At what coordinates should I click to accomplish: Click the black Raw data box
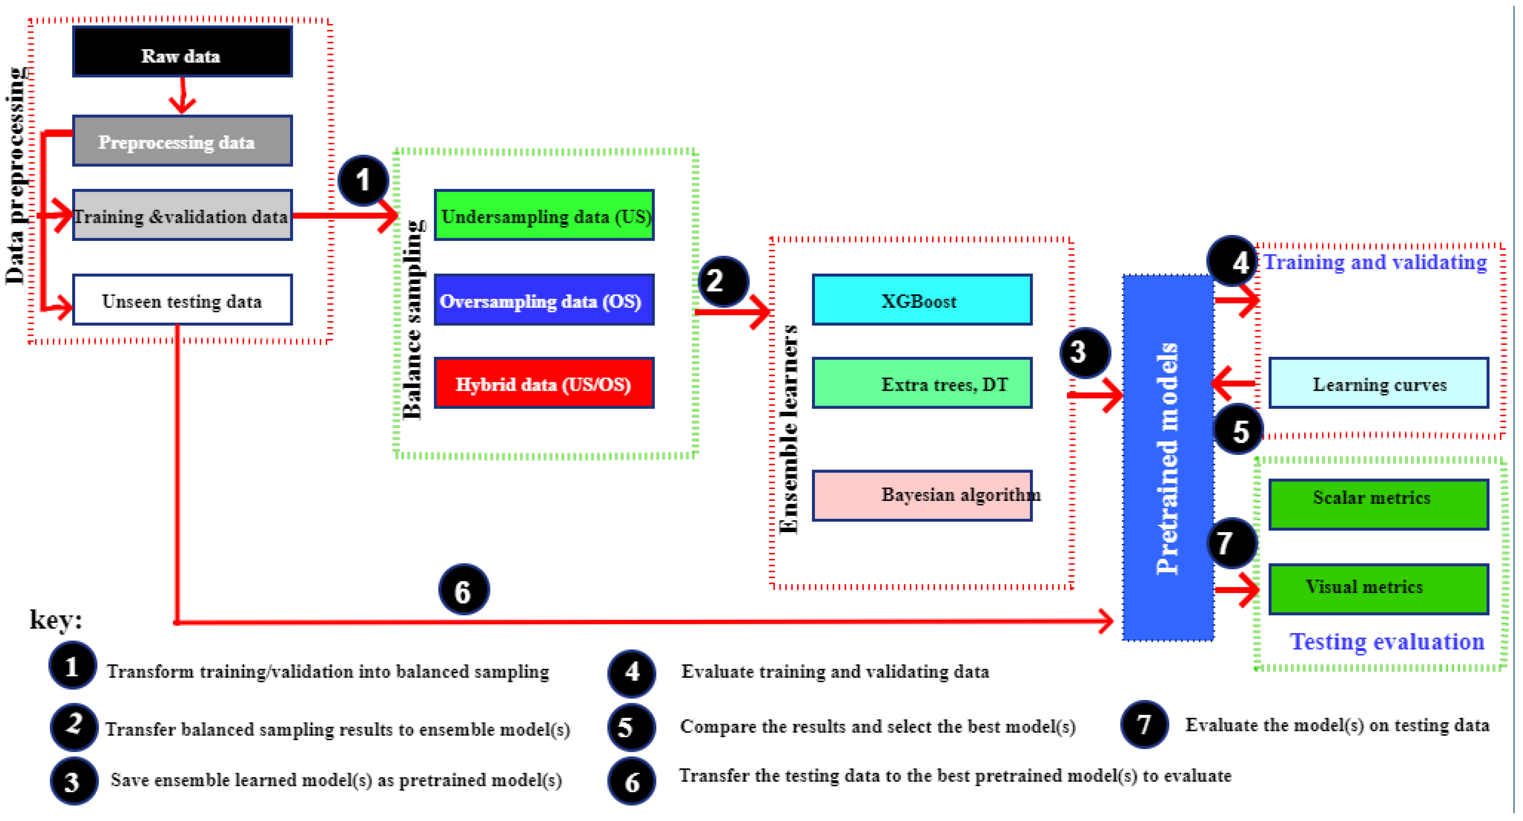click(x=182, y=52)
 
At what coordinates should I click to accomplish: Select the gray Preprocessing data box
click(x=182, y=141)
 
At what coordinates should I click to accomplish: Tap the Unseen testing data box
click(x=182, y=300)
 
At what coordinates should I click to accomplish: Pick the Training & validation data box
click(x=182, y=215)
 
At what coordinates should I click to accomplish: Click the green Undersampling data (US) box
click(x=544, y=215)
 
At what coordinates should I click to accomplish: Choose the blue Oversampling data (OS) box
click(x=544, y=300)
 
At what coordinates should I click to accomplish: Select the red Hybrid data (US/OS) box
click(x=544, y=383)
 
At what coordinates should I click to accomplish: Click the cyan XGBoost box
click(x=922, y=300)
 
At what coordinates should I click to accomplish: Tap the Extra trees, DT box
click(x=922, y=383)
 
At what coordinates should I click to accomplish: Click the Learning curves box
click(x=1378, y=383)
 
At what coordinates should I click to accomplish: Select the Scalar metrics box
click(x=1378, y=504)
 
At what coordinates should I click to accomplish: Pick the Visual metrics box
click(x=1378, y=589)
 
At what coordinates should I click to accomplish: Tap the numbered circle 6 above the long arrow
click(x=463, y=590)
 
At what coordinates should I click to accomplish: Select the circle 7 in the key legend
click(x=1144, y=725)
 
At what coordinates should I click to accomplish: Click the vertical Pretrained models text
click(x=1167, y=458)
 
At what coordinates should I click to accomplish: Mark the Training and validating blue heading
click(x=1375, y=262)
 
